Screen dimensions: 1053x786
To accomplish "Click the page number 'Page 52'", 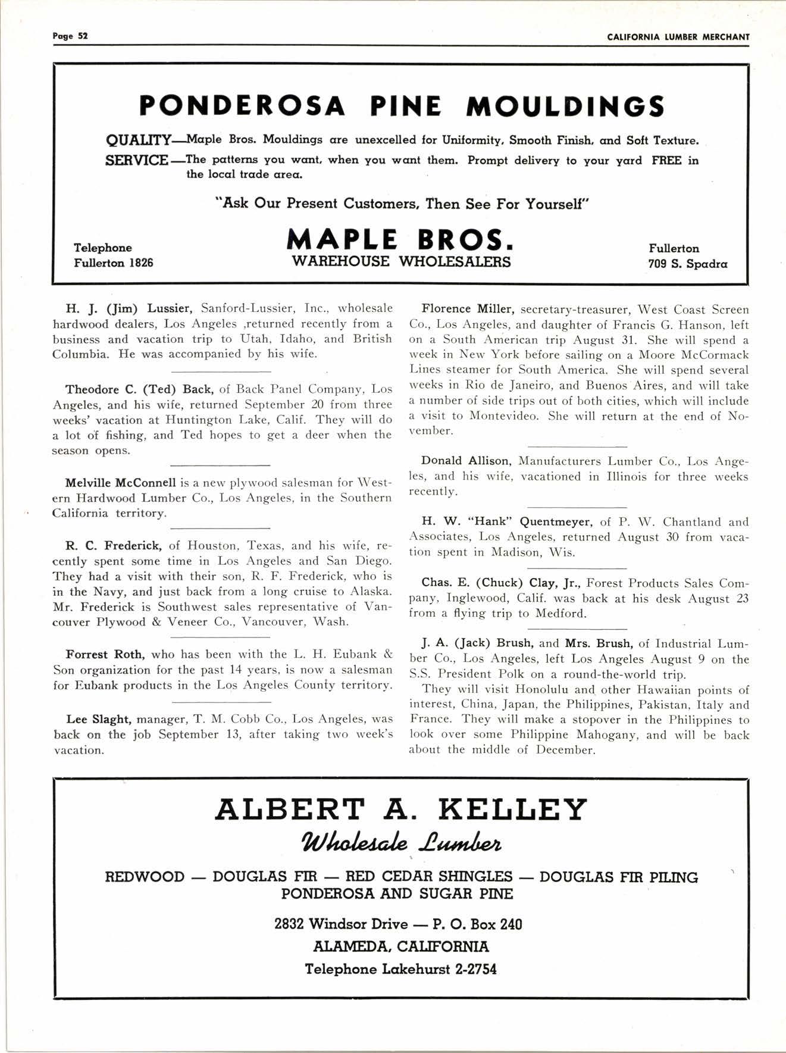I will click(70, 36).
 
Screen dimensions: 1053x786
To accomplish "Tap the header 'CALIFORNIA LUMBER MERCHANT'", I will click(678, 37).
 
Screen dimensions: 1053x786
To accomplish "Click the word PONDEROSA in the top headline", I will click(242, 107).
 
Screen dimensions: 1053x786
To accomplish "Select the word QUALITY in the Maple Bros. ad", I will click(138, 141).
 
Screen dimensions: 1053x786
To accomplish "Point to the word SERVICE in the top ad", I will click(136, 161).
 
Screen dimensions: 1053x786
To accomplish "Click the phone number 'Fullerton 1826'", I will click(113, 263).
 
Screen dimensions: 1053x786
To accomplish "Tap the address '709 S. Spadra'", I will click(687, 264).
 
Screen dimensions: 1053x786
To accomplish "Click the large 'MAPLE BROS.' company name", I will click(400, 239).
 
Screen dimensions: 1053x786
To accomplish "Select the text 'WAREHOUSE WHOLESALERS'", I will click(400, 262).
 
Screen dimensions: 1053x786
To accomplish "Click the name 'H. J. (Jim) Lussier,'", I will click(129, 308).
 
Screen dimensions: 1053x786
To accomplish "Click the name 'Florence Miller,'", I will click(467, 309).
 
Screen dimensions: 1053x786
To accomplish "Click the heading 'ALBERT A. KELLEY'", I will click(400, 810).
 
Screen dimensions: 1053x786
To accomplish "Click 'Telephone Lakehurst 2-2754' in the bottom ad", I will click(400, 969).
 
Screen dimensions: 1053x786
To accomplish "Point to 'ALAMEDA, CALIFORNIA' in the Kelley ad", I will click(400, 946).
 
